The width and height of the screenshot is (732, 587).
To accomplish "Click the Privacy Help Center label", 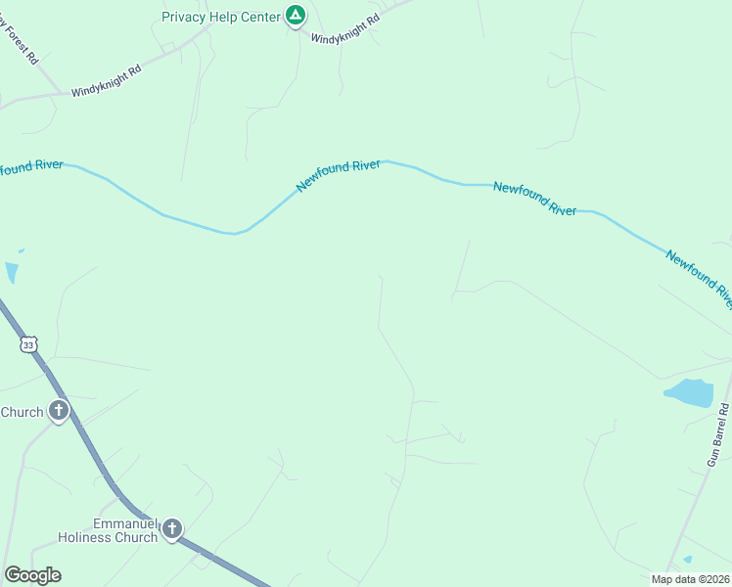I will tap(221, 17).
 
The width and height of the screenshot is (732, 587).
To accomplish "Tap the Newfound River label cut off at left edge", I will tap(29, 167).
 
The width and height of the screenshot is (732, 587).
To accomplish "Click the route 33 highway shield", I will tap(28, 344).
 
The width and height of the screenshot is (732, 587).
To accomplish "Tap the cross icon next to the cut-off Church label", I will tap(59, 412).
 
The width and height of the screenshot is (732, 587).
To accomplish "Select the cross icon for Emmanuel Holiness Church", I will tap(172, 530).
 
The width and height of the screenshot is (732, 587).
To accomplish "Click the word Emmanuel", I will tap(125, 524).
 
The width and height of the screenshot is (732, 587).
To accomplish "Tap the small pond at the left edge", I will tap(11, 272).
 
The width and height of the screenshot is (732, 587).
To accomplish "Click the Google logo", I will tap(32, 575).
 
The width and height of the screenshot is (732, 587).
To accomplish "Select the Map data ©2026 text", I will tap(691, 579).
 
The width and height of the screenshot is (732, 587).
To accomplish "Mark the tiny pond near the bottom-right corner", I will tap(688, 560).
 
